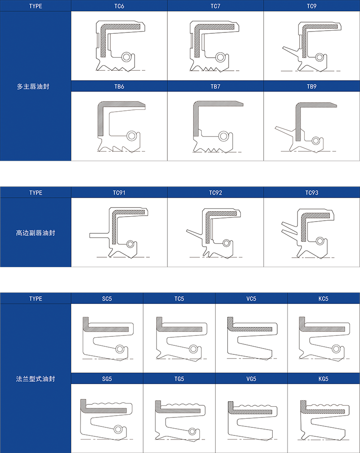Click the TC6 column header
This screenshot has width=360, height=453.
pos(119,6)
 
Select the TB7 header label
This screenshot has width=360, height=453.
pos(216,86)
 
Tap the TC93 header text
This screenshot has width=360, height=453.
pos(312,193)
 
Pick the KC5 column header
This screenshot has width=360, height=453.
pos(324,299)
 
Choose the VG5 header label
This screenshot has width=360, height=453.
pos(251,379)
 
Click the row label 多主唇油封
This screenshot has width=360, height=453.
pos(33,86)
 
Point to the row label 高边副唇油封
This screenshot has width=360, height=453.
pos(36,233)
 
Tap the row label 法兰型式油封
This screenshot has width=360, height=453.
pos(36,379)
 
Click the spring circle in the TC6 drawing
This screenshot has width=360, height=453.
pos(126,57)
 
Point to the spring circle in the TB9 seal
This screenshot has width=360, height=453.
pos(316,141)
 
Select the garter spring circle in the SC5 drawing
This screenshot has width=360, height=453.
pos(120,349)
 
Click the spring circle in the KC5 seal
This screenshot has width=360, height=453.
pos(336,349)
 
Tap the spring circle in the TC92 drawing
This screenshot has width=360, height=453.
pos(227,243)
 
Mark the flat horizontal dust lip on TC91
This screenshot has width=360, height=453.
pos(99,235)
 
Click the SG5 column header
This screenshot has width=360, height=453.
pos(107,379)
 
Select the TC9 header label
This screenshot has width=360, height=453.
pos(312,6)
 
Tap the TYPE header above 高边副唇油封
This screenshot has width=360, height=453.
pos(36,193)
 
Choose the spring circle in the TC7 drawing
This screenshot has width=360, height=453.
pos(220,57)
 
